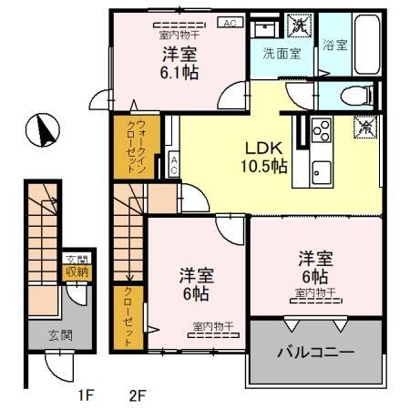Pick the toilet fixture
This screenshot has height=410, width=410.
357,96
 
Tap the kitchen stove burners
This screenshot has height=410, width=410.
322,130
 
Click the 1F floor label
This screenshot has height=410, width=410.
86,395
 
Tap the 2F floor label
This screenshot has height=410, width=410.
138,395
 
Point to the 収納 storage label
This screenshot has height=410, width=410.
74,271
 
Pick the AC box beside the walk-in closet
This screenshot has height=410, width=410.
173,165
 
